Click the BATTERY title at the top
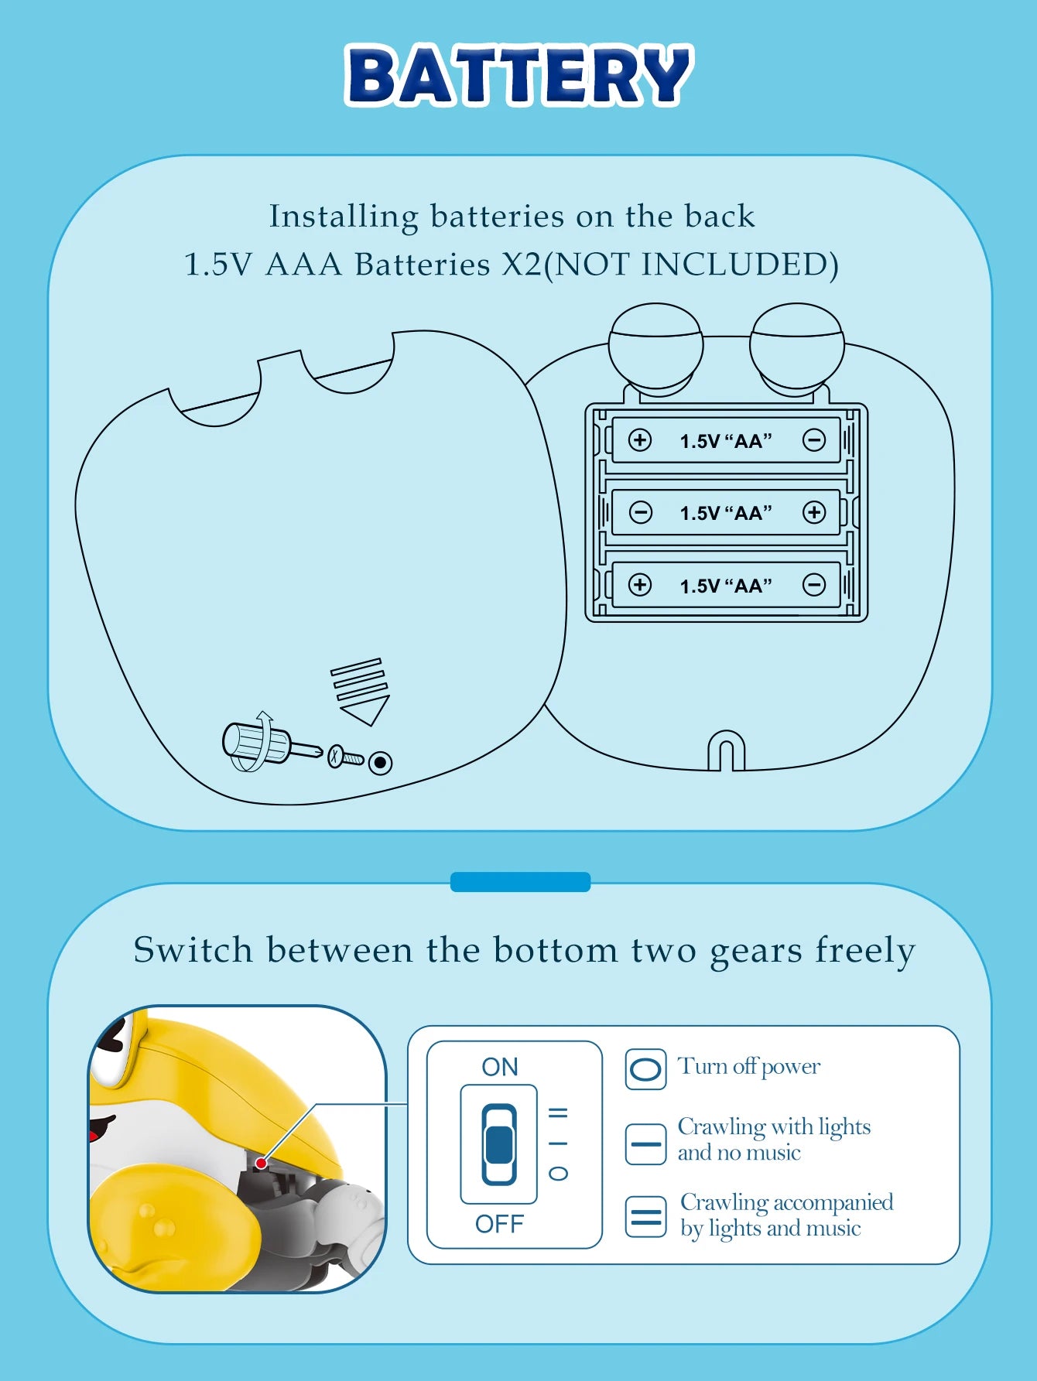click(x=519, y=75)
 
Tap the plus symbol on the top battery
click(x=640, y=440)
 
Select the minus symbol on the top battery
click(x=814, y=440)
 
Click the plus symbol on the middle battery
click(x=814, y=512)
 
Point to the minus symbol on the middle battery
click(x=641, y=512)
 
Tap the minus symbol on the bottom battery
click(x=814, y=585)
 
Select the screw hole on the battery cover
click(x=380, y=763)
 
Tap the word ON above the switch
click(x=500, y=1067)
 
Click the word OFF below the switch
click(x=500, y=1224)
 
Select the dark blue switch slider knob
click(x=499, y=1145)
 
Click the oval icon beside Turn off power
click(x=645, y=1069)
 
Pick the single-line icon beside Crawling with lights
click(x=645, y=1144)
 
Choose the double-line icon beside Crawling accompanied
click(x=645, y=1216)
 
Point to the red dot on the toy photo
click(x=262, y=1163)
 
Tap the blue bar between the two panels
click(x=520, y=882)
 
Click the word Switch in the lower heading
click(x=193, y=949)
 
